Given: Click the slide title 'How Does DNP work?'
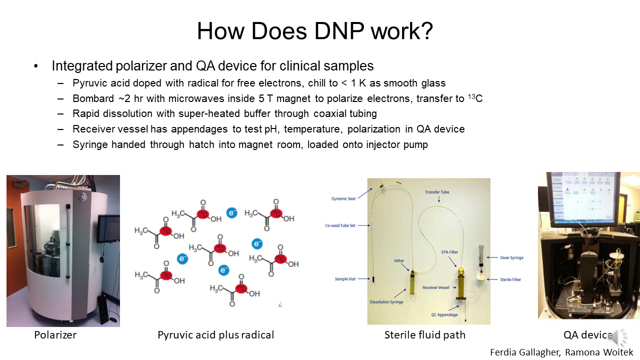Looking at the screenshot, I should pyautogui.click(x=314, y=31).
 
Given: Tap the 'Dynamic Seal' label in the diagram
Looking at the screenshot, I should pyautogui.click(x=342, y=198).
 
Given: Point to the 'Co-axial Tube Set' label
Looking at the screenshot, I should pyautogui.click(x=340, y=225).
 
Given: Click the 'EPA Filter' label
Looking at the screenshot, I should pyautogui.click(x=449, y=252).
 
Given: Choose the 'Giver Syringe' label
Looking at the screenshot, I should pyautogui.click(x=511, y=258).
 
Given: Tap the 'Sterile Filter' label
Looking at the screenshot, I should pyautogui.click(x=510, y=279).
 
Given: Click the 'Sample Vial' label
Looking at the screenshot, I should pyautogui.click(x=345, y=279).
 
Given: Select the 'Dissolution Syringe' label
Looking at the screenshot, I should pyautogui.click(x=386, y=302).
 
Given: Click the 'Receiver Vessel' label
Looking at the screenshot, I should pyautogui.click(x=436, y=287).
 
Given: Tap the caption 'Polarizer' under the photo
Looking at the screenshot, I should pyautogui.click(x=55, y=335).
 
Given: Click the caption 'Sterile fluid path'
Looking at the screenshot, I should pyautogui.click(x=424, y=335).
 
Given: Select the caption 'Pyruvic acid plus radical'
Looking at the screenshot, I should pyautogui.click(x=215, y=335).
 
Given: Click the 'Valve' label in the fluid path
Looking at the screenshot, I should pyautogui.click(x=398, y=260).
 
